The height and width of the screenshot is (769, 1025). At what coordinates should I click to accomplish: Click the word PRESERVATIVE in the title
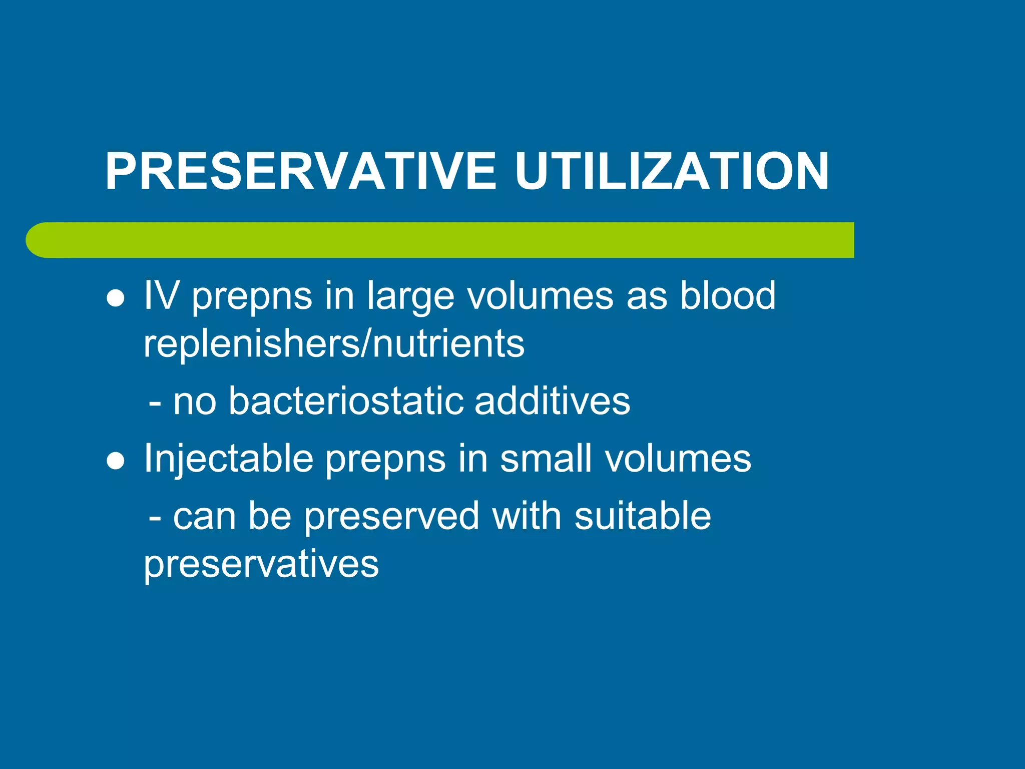[300, 172]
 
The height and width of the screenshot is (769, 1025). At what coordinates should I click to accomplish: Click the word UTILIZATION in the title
[672, 172]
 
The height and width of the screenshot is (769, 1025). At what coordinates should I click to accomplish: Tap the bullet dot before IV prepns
[116, 299]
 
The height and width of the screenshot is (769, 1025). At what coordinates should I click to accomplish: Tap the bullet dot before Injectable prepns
[116, 461]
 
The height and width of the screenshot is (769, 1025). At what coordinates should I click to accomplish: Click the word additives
[552, 401]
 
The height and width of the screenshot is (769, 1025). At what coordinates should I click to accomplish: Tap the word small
[546, 458]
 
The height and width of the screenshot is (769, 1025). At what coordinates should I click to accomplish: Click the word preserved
[391, 517]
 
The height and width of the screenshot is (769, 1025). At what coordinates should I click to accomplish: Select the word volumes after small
[678, 458]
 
